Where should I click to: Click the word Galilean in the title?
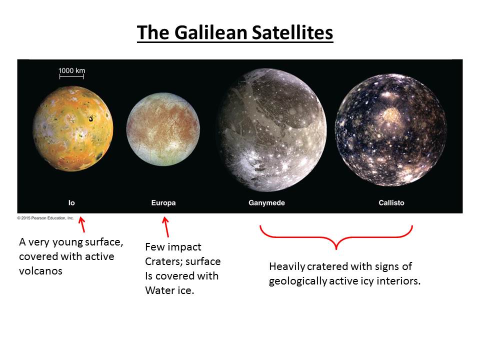point(211,32)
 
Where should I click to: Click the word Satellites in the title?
point(292,32)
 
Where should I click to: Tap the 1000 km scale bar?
point(71,76)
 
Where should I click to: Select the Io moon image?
point(73,128)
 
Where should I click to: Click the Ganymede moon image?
point(272,130)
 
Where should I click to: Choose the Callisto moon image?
point(390,130)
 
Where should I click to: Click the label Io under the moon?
point(71,202)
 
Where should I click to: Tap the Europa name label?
point(163,202)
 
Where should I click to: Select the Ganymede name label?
point(266,202)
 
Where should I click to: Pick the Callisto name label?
point(391,202)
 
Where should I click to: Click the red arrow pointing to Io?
point(82,224)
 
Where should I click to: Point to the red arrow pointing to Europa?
point(165,227)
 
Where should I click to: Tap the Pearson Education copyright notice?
point(45,218)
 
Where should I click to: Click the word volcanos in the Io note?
point(40,271)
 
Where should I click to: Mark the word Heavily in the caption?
point(287,267)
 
